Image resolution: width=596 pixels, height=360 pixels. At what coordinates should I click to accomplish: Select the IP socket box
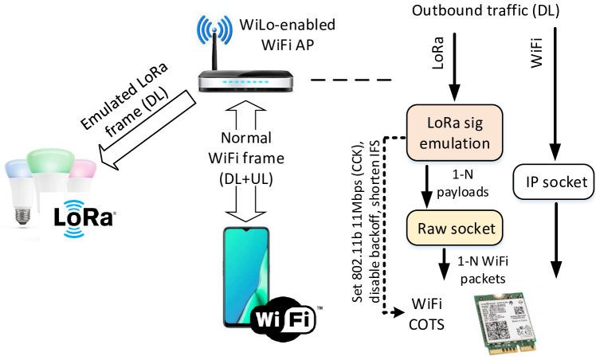pyautogui.click(x=551, y=183)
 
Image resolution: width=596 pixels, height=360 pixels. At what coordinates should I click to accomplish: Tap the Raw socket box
pyautogui.click(x=456, y=229)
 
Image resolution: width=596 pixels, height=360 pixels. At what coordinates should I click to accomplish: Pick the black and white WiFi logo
pyautogui.click(x=284, y=319)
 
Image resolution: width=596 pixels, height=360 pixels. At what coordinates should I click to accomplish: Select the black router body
pyautogui.click(x=248, y=81)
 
